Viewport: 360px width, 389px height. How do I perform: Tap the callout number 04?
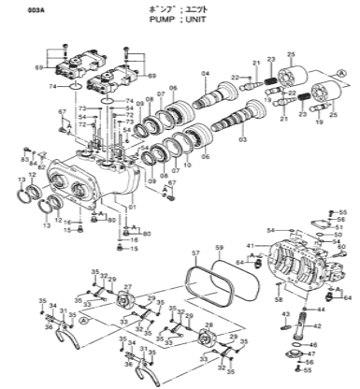[205, 74]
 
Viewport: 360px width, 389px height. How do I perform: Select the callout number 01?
[132, 207]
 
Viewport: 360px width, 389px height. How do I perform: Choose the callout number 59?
[218, 248]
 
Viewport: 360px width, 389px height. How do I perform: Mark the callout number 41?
[251, 246]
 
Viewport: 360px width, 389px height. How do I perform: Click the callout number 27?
[127, 288]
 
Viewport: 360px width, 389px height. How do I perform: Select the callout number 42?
[317, 325]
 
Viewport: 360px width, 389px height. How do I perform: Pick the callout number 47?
[311, 354]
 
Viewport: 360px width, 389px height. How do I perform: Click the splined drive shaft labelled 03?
[224, 126]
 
